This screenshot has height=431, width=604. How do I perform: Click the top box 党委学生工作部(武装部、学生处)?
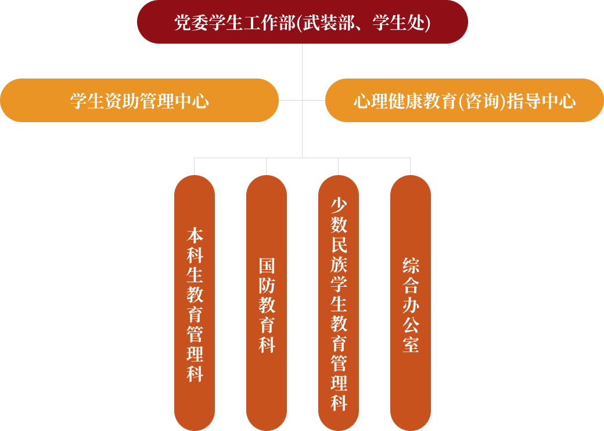click(x=302, y=22)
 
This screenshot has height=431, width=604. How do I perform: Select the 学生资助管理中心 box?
click(x=139, y=101)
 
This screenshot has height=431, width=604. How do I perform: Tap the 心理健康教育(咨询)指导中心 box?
click(x=465, y=101)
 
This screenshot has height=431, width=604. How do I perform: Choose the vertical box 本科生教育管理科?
click(x=195, y=302)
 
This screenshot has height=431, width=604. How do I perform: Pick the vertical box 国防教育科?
click(x=267, y=302)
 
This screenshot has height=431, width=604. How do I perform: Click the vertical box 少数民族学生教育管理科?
click(x=339, y=302)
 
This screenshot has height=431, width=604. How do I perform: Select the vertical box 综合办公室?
click(x=411, y=302)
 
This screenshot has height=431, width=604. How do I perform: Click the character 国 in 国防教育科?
click(x=267, y=266)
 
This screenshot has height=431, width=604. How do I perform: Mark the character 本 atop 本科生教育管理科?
click(x=195, y=236)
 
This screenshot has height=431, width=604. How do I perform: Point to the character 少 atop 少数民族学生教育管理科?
click(x=339, y=205)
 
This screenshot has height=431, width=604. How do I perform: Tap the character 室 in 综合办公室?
click(x=411, y=344)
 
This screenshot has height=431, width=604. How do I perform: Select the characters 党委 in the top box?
click(x=192, y=23)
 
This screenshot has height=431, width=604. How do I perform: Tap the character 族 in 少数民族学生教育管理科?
click(x=339, y=265)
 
